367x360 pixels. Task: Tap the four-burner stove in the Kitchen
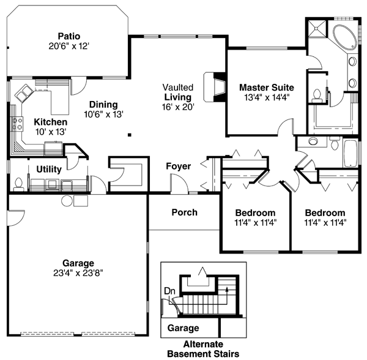click(x=53, y=146)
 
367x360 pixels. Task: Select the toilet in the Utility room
click(x=18, y=182)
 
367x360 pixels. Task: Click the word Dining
click(x=102, y=105)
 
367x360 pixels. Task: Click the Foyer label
click(x=178, y=166)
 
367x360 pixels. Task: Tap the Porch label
click(x=183, y=212)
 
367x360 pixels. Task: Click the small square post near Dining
click(x=129, y=134)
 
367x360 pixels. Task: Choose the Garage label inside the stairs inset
click(x=183, y=328)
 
